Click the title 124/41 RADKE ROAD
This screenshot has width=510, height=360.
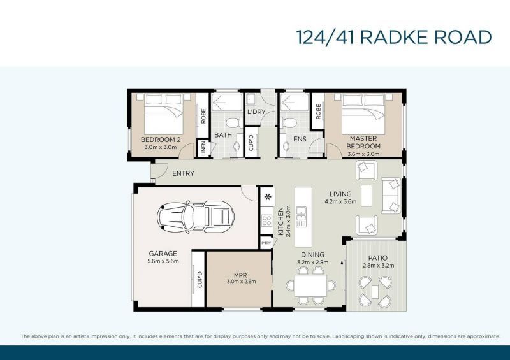click(x=394, y=37)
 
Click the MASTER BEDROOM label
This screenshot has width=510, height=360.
click(x=363, y=142)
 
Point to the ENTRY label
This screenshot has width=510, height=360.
click(x=183, y=173)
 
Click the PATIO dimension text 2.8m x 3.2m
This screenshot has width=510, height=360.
click(x=378, y=265)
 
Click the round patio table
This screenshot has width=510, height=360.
click(x=375, y=291)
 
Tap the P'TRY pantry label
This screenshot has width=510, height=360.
click(x=266, y=243)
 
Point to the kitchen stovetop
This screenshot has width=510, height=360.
click(x=266, y=222)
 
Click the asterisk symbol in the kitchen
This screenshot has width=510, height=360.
click(x=266, y=196)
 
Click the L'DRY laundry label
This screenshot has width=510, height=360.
click(x=256, y=112)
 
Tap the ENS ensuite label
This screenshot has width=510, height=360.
click(x=300, y=138)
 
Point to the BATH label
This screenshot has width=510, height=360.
click(x=223, y=135)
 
